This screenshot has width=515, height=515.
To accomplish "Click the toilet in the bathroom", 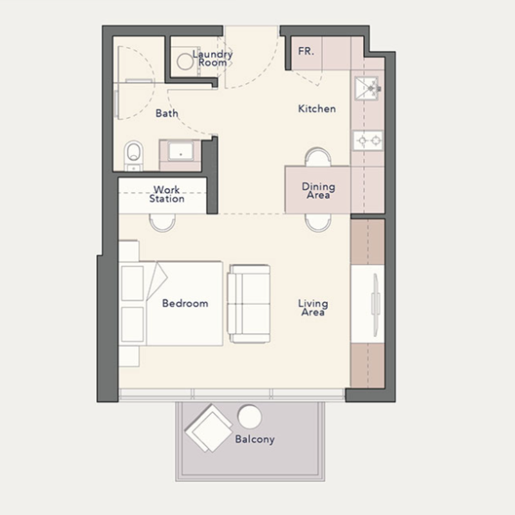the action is pos(134,155).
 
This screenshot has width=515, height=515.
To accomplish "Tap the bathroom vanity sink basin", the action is pos(180,151).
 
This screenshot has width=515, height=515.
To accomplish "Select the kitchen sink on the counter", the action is pos(367,88).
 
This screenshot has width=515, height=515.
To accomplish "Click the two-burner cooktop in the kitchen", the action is pos(368,140).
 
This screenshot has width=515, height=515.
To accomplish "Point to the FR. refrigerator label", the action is pos(306,51).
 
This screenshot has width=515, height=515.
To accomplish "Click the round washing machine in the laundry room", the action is pos(185,61).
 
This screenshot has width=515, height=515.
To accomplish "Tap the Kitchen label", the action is pos(317,109).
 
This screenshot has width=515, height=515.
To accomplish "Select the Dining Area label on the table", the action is pos(318,191).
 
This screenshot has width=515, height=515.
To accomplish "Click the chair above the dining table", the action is pos(318,157).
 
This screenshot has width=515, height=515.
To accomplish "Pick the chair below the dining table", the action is pos(318,223).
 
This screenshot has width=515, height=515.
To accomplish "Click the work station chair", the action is pos(162,223).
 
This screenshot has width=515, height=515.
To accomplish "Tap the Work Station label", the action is pos(167,194).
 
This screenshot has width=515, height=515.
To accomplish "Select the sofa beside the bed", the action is pos(248,304).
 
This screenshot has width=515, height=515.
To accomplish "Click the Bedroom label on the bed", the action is pos(185,303).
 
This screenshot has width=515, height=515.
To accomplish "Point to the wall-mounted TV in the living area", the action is pos(375,305).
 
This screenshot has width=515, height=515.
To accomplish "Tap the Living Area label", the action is pos(313,308).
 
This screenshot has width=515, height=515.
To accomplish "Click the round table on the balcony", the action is pos(250,417).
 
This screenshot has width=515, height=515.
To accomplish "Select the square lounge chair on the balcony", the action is pos(209,428).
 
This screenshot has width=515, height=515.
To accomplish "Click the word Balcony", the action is pos(255,440).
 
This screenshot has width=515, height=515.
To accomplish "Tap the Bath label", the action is pos(167,113).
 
